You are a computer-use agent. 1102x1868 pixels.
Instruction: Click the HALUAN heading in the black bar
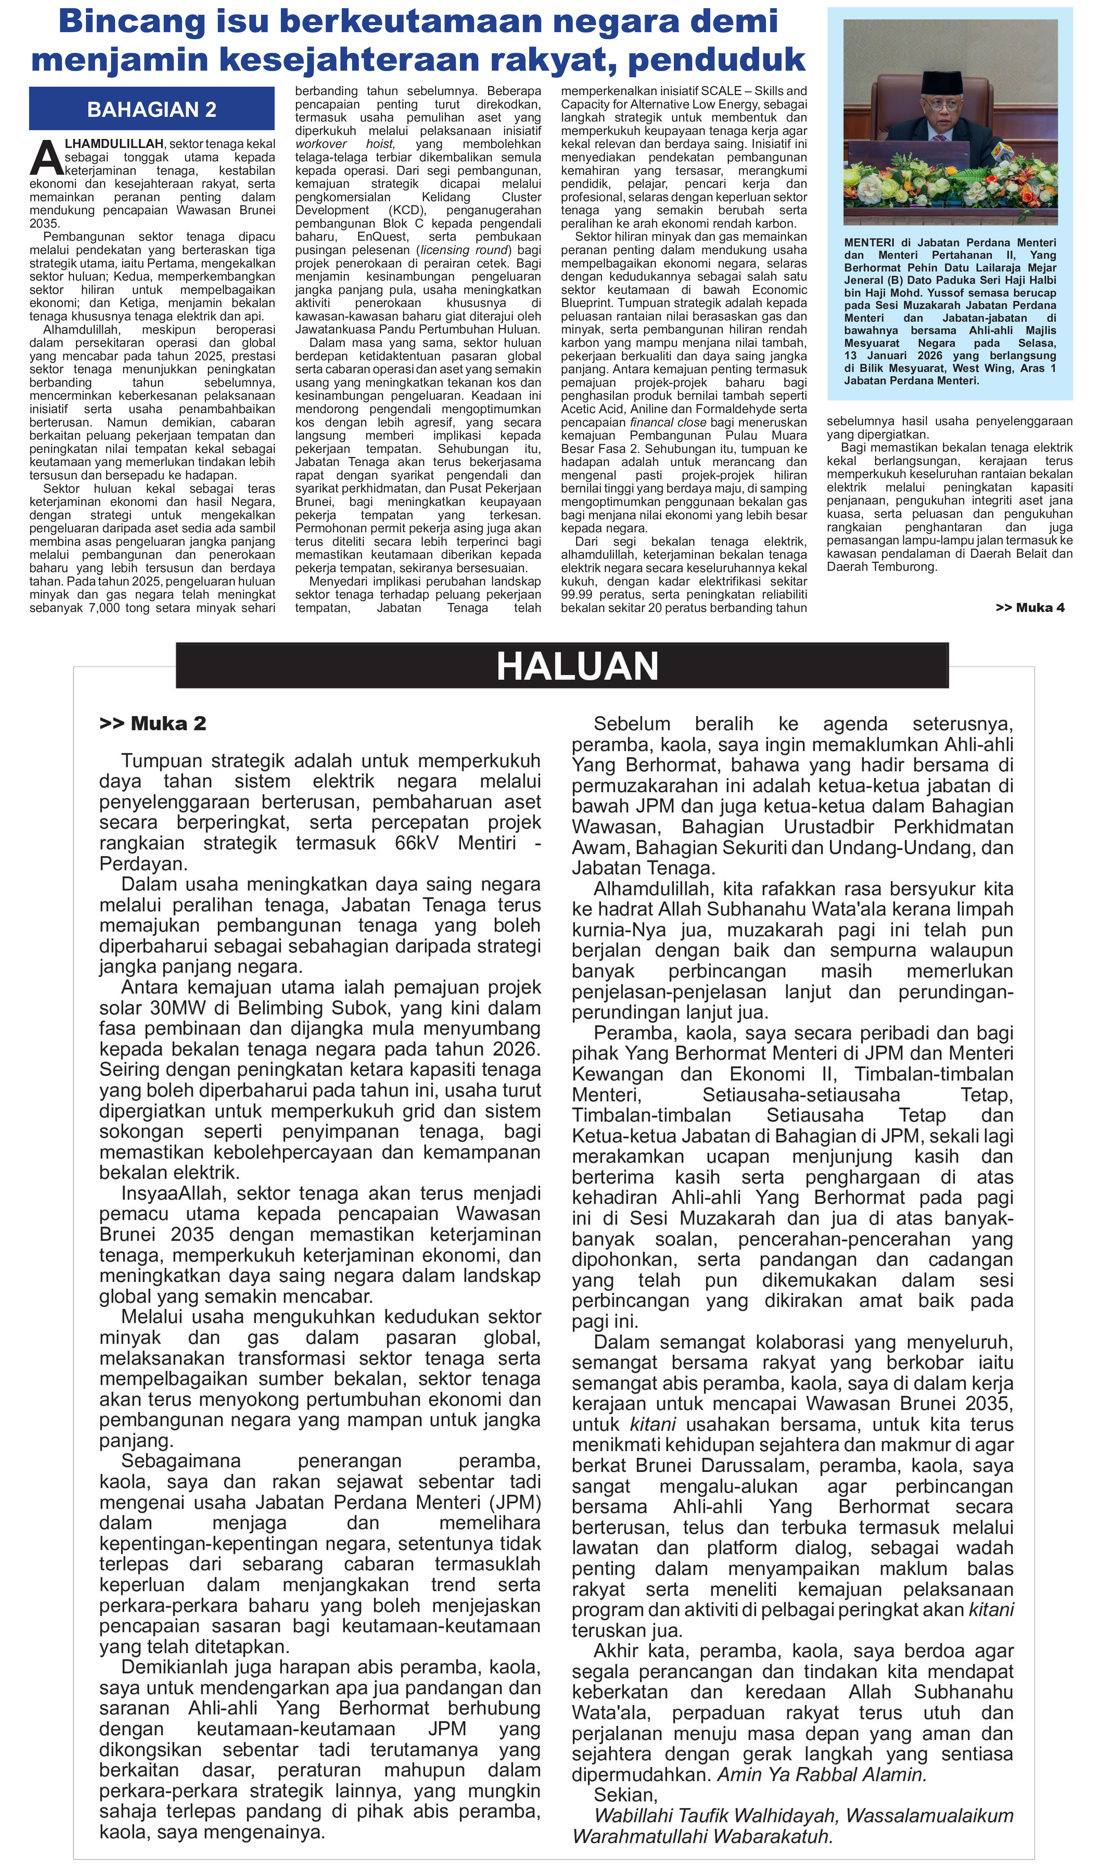577,666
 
